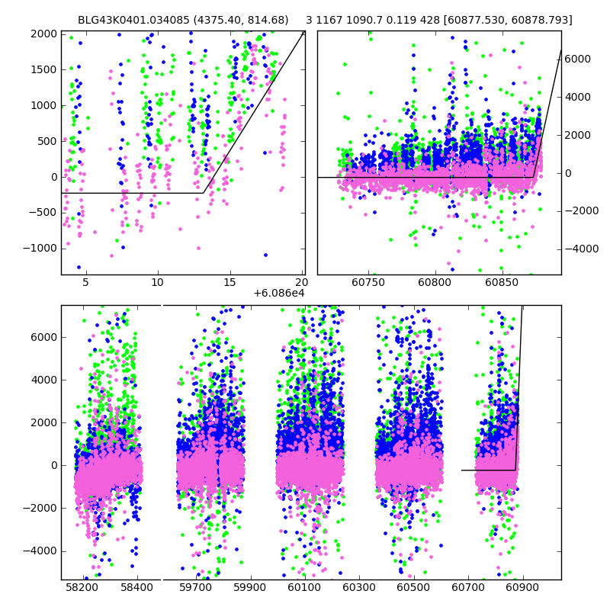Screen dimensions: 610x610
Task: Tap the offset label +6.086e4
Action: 279,293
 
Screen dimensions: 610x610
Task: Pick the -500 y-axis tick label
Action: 43,213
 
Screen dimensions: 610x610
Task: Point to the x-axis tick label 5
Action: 85,282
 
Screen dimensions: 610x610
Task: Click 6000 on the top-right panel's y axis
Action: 577,59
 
